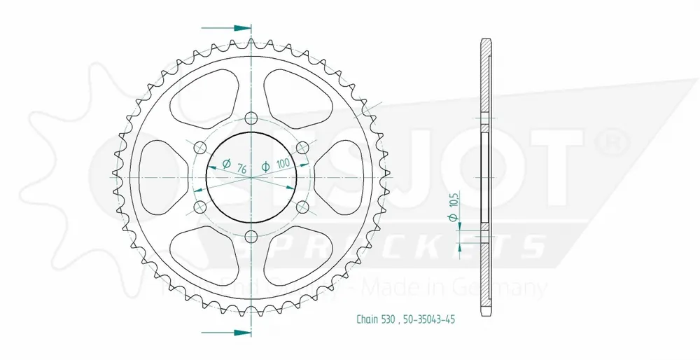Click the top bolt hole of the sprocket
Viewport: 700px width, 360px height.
pyautogui.click(x=251, y=118)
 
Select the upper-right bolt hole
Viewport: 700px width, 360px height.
pyautogui.click(x=303, y=148)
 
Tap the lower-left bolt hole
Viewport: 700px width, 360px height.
pyautogui.click(x=199, y=207)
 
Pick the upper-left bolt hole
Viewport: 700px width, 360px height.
pyautogui.click(x=199, y=148)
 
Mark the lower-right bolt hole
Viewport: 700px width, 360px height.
pyautogui.click(x=303, y=207)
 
